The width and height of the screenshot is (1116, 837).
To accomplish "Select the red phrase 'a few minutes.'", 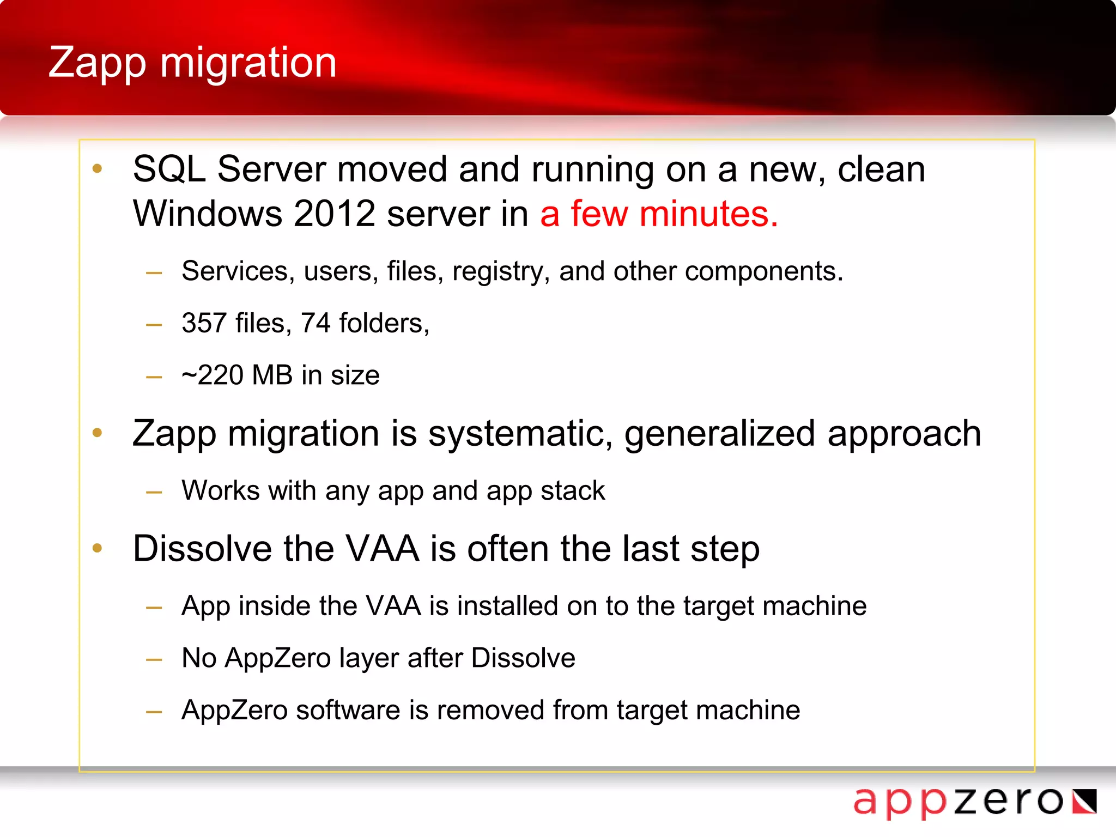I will [x=658, y=214].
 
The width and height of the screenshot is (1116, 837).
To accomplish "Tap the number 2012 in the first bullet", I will [x=334, y=214].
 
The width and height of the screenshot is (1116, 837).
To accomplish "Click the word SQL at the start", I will [x=169, y=169].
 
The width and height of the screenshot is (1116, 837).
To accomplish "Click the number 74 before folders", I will [x=316, y=323].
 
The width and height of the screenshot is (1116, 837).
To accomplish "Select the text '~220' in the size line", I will [x=213, y=375].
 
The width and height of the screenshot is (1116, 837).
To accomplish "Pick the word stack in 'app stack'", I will [x=573, y=490].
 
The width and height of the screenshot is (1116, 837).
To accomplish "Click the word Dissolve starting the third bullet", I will [x=202, y=549].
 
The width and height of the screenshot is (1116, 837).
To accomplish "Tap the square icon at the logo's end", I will [x=1084, y=802].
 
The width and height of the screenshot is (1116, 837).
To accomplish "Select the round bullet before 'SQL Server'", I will [x=98, y=168].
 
